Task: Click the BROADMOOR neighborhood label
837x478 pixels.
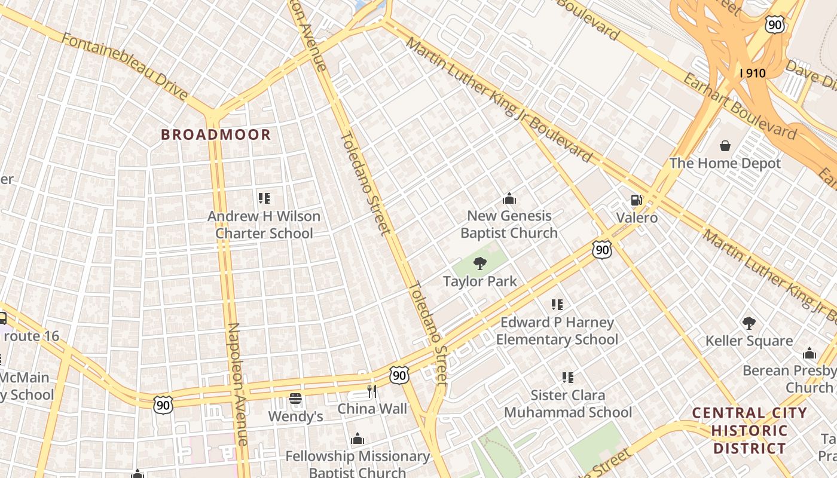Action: point(216,134)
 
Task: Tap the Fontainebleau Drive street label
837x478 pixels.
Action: point(125,66)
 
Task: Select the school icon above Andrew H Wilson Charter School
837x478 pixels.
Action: point(264,198)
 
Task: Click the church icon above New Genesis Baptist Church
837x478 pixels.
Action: point(509,198)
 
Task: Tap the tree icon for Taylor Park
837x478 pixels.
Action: point(479,263)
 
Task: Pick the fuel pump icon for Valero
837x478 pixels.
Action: point(637,200)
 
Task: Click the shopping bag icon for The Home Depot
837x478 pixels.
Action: point(725,146)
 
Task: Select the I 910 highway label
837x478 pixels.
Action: point(752,73)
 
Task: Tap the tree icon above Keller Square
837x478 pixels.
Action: point(749,323)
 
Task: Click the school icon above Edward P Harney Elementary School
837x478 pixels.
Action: point(557,305)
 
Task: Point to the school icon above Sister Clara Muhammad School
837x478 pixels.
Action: point(567,377)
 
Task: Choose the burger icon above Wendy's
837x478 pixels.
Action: point(295,398)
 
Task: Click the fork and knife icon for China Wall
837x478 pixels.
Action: point(372,391)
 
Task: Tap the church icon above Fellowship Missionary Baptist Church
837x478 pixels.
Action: point(358,439)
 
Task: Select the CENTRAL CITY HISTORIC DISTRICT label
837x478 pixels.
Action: point(750,430)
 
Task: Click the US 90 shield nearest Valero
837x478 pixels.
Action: point(602,250)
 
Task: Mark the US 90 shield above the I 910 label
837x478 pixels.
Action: point(775,24)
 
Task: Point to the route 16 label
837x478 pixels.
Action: point(31,336)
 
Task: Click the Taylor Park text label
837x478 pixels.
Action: point(479,281)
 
